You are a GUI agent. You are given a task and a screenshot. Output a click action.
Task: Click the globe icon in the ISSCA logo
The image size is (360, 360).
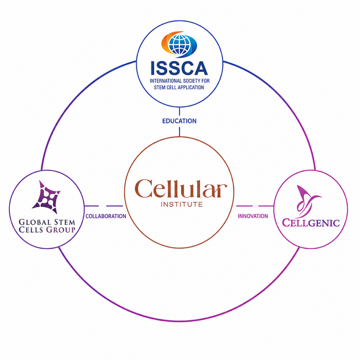point(179,44)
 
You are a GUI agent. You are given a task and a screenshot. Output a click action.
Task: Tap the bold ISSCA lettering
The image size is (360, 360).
point(179,68)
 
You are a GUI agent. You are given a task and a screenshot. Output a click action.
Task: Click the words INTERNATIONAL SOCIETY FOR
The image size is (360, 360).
point(180,81)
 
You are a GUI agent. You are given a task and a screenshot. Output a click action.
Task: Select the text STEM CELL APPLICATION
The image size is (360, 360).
point(179,88)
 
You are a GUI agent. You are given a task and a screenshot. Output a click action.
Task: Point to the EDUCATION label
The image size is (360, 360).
point(179,121)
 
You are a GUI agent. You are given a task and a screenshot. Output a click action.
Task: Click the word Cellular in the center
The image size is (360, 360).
point(181,188)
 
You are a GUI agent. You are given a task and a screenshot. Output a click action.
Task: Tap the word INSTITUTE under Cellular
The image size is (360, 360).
point(182,204)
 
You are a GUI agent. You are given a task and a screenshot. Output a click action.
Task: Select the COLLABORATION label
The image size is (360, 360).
point(106,216)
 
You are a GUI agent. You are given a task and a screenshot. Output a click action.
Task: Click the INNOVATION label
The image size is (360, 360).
point(253,216)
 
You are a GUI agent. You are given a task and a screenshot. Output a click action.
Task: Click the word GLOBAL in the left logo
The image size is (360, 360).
point(35,222)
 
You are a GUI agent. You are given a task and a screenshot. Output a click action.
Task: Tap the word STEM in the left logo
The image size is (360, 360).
point(65,222)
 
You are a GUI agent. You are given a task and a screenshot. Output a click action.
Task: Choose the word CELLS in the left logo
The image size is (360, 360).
point(31,230)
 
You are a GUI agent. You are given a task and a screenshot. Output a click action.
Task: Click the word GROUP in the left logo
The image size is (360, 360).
point(61,230)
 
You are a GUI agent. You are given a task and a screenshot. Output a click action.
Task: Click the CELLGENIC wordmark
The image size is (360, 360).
point(311,223)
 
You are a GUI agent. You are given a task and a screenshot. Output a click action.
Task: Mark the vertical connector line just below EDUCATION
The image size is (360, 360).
point(179,131)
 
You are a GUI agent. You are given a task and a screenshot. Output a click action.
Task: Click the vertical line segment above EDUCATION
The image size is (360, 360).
point(179,111)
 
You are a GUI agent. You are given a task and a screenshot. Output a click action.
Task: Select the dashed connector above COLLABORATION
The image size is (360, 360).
point(104,206)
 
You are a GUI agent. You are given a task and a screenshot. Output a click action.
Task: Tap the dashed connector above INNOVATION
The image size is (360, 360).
point(255,206)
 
